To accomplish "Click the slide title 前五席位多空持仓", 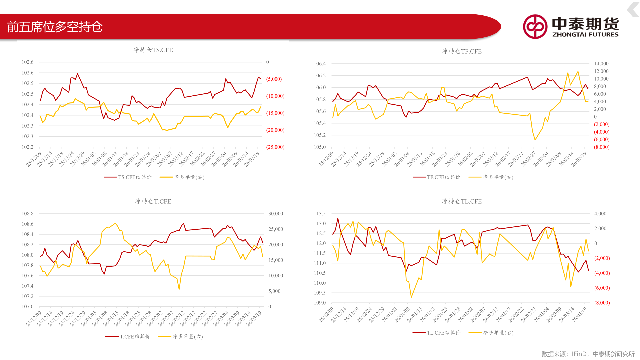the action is coord(55,27).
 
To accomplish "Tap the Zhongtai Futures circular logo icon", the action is coord(535,27).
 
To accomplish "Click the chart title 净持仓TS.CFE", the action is coord(153,50).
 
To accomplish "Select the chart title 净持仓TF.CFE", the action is coord(462,51).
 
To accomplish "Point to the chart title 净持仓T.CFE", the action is coord(153,201).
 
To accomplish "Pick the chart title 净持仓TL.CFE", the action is coord(462,201).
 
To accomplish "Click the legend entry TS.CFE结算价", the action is coord(128,177).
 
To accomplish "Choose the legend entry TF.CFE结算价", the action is coord(436,177).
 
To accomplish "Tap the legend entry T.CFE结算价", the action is coord(128,337).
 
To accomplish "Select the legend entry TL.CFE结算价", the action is coord(436,333).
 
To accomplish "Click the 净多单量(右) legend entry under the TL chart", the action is coord(491,333).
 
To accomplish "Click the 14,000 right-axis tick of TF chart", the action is coord(601,64).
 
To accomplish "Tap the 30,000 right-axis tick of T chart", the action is coord(276,214).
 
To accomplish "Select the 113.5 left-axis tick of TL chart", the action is coord(320,214).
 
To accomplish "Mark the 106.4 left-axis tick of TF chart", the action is coord(320,64).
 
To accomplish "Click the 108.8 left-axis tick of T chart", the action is coord(28,214).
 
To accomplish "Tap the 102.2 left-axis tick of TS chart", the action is coord(28,147).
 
